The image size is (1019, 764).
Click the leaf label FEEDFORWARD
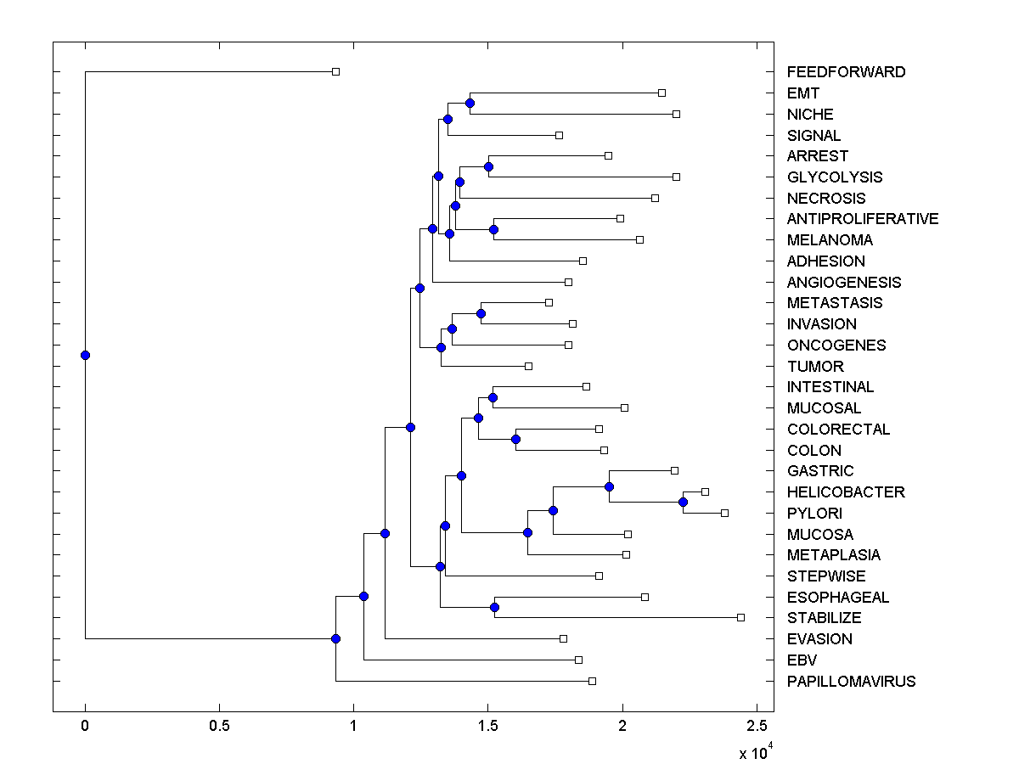click(846, 72)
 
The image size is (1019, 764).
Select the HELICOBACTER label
click(846, 492)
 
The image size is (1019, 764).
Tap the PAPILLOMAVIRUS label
click(851, 682)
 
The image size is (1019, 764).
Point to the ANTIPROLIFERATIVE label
click(863, 219)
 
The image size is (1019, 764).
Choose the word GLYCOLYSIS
click(835, 177)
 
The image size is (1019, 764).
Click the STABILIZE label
click(824, 618)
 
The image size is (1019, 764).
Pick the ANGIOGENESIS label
click(844, 283)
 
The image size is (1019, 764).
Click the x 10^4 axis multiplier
click(756, 750)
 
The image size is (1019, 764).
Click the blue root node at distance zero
click(85, 355)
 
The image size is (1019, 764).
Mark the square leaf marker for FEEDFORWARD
click(335, 72)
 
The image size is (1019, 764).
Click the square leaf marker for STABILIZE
click(740, 617)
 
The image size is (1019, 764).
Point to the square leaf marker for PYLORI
click(724, 513)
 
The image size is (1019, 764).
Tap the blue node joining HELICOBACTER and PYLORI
click(683, 503)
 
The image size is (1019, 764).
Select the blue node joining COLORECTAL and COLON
click(515, 440)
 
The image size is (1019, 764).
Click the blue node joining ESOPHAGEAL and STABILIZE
click(494, 607)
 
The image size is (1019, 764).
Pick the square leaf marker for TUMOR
click(528, 366)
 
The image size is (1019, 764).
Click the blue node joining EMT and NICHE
click(470, 104)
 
